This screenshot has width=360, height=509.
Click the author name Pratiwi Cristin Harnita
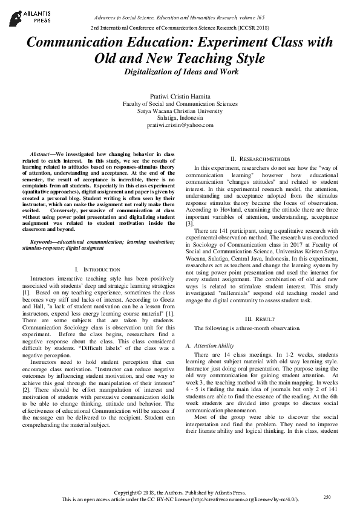(x=180, y=97)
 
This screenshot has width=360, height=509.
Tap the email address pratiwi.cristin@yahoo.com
(x=180, y=125)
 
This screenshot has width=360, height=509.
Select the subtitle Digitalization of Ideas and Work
(x=180, y=72)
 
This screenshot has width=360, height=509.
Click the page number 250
(x=327, y=497)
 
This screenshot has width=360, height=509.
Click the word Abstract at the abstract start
(x=41, y=155)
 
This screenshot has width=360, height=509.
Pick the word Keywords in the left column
(x=44, y=242)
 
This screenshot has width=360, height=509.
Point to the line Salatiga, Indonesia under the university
(x=180, y=118)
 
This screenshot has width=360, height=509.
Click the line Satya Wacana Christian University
(x=180, y=111)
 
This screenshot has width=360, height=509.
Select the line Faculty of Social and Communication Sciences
(x=180, y=104)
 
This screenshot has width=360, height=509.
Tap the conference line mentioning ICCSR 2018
(x=180, y=28)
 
